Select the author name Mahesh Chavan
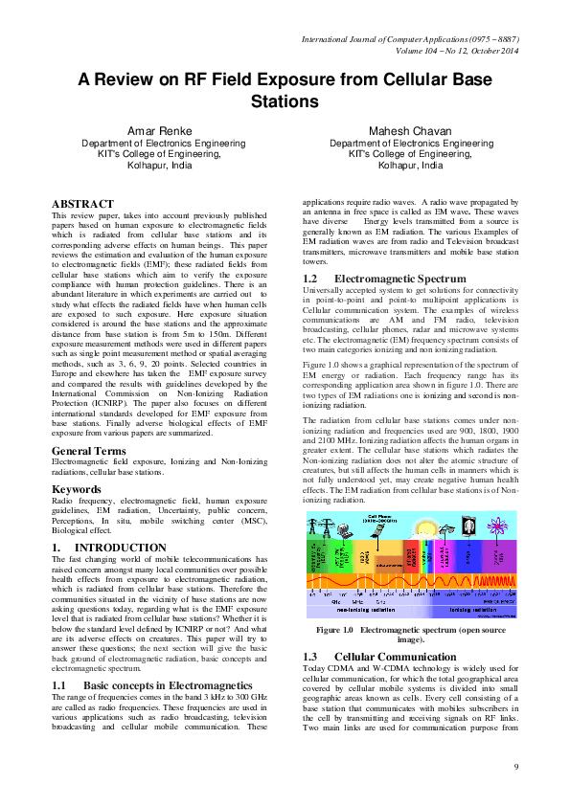point(410,130)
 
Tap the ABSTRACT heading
point(82,205)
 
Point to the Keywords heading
point(79,489)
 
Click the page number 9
point(515,767)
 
